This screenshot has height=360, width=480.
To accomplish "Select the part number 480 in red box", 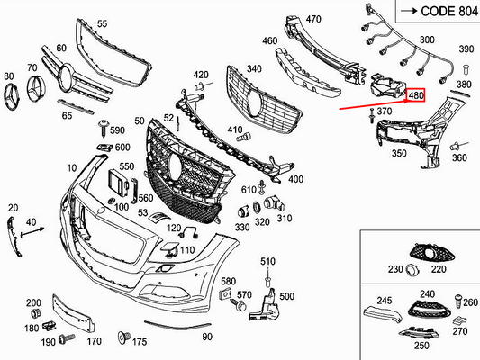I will coord(416,94).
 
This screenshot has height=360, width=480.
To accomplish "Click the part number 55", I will coord(101,23).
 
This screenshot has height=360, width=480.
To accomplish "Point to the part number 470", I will coord(313,19).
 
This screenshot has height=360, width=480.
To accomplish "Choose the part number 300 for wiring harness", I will coord(426,40).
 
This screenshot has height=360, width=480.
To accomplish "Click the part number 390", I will coord(466,49).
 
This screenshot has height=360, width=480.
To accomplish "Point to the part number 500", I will coord(286,297).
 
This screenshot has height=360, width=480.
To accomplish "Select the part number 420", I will coord(201,75).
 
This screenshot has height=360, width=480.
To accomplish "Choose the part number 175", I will coord(139,342).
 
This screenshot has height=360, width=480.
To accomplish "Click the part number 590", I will coord(118,131).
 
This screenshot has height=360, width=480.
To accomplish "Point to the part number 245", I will coord(385,301).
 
